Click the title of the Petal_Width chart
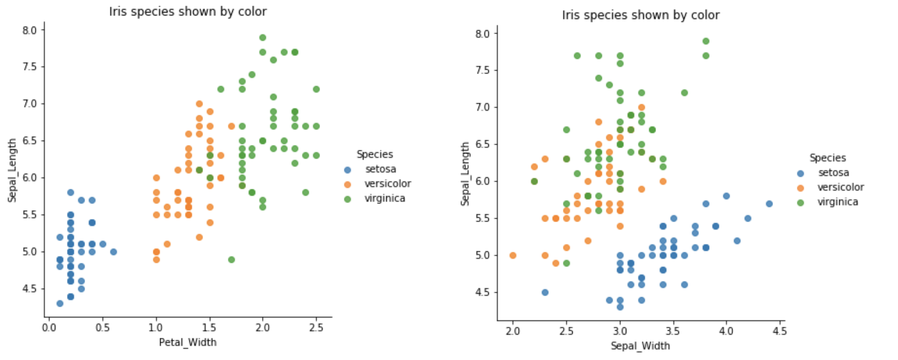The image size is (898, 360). coord(188,12)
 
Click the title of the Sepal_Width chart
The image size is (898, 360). coord(640,15)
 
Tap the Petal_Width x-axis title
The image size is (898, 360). coord(188,342)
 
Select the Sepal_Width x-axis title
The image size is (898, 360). coord(640,346)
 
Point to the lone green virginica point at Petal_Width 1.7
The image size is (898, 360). coord(231,259)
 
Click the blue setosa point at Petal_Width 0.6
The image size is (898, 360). coord(113,252)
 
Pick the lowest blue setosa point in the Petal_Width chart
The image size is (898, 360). coord(60,303)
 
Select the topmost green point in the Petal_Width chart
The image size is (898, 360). coord(262,38)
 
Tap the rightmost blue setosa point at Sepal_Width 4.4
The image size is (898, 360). coord(769,204)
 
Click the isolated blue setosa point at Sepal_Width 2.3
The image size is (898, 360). coord(545,292)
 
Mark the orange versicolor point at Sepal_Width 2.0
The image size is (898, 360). coord(513,255)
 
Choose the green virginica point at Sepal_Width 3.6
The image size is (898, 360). coord(684,93)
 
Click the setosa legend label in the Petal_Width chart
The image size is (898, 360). coord(380,169)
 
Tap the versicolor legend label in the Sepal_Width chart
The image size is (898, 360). coord(840,187)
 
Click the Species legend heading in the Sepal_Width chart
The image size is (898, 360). coord(828,158)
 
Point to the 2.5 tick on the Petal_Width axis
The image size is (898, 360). coord(316,328)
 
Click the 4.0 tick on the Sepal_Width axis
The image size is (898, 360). coord(726,332)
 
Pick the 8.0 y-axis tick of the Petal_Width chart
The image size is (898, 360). coord(30,30)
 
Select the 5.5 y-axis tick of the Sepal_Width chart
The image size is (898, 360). coord(483,219)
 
